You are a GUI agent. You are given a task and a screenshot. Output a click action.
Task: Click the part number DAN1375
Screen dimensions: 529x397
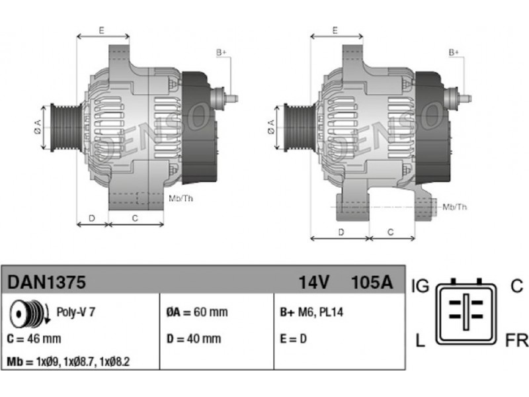[46, 282]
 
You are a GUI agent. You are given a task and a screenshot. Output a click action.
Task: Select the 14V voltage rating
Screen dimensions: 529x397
[313, 282]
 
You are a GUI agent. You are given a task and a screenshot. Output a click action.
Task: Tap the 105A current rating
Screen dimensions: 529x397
[372, 282]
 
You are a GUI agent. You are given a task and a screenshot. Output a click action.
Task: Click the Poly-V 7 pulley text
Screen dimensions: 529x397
[75, 312]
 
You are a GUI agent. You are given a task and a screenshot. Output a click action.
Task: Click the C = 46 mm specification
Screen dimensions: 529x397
[34, 339]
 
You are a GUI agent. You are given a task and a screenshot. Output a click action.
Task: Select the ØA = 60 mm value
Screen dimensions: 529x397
[197, 312]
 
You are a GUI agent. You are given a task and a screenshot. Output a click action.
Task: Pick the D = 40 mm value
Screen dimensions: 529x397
[194, 339]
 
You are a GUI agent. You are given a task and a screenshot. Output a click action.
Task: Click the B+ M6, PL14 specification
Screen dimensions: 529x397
[311, 312]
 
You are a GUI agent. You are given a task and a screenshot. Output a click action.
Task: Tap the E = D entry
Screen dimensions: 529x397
[293, 339]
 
